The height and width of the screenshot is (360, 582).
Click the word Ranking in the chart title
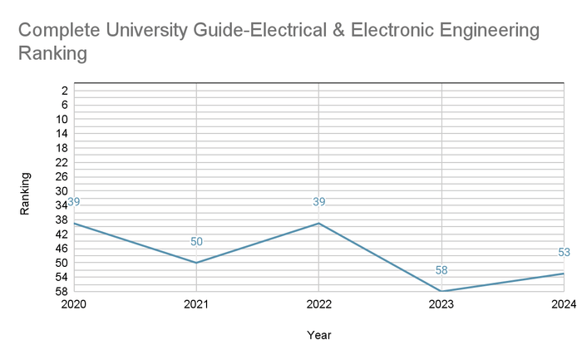pyautogui.click(x=52, y=54)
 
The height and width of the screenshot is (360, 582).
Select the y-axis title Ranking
pyautogui.click(x=26, y=194)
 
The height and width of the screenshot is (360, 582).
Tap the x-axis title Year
pyautogui.click(x=319, y=335)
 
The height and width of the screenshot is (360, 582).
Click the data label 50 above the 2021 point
pyautogui.click(x=196, y=242)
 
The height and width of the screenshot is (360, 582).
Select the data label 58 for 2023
pyautogui.click(x=441, y=270)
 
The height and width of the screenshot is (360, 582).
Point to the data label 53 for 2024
pyautogui.click(x=564, y=253)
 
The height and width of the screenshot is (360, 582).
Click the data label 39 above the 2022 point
pyautogui.click(x=318, y=202)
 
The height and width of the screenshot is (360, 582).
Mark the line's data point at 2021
pyautogui.click(x=196, y=263)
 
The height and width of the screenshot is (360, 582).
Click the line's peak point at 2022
pyautogui.click(x=318, y=223)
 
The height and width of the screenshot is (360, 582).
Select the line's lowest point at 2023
pyautogui.click(x=441, y=291)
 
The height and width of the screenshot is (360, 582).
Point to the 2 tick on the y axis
pyautogui.click(x=63, y=90)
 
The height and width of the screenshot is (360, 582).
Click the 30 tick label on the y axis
pyautogui.click(x=62, y=190)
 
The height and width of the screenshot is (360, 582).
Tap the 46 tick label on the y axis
pyautogui.click(x=62, y=248)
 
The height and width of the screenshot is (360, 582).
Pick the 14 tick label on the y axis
pyautogui.click(x=62, y=133)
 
